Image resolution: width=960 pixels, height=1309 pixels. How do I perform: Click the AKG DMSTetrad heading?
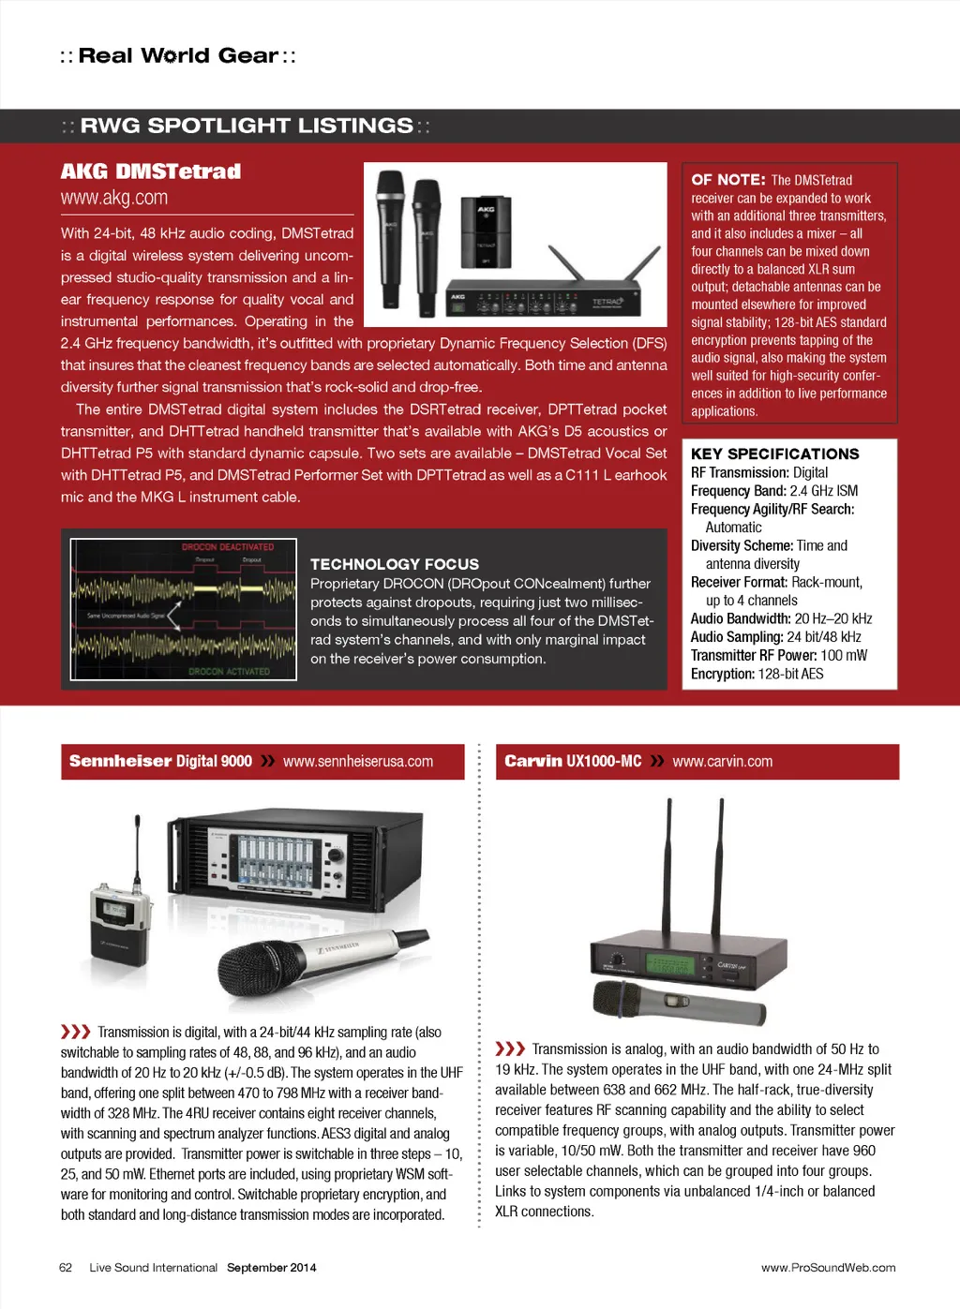(151, 171)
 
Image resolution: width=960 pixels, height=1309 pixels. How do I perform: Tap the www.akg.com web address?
(114, 198)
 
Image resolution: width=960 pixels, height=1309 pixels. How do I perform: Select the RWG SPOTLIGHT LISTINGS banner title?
(246, 126)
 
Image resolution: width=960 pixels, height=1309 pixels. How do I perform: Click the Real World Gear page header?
(178, 55)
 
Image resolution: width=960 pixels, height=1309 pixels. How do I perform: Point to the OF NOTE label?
(727, 179)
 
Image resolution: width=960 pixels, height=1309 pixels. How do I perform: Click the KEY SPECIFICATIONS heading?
(774, 454)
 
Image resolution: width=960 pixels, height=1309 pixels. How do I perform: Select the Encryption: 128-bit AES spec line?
(757, 674)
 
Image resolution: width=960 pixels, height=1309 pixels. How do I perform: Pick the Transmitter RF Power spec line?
(778, 655)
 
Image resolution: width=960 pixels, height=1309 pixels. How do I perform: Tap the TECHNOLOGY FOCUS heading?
(395, 564)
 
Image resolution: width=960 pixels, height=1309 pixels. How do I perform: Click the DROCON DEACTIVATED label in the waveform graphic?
(228, 546)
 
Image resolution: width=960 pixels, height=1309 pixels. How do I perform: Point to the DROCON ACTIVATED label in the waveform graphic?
(229, 671)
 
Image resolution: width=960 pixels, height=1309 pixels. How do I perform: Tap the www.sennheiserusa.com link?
(358, 761)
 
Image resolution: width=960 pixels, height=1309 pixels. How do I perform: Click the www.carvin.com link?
(723, 761)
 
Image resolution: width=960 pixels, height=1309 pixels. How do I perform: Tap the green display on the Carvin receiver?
(669, 964)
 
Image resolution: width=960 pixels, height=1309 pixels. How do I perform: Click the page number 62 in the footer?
(66, 1268)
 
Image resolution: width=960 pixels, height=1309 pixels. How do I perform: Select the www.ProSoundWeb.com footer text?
(828, 1268)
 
